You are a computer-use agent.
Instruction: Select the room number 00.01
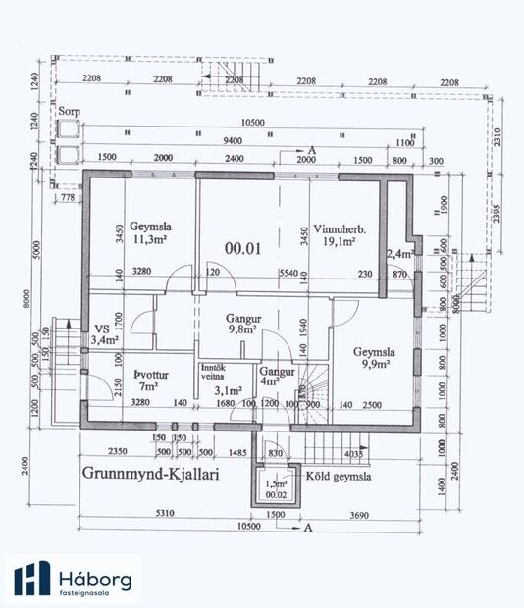(240, 248)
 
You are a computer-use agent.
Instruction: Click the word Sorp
(69, 112)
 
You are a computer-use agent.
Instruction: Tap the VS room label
(102, 329)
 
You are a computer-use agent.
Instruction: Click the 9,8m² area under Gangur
(241, 330)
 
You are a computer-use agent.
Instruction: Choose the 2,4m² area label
(398, 254)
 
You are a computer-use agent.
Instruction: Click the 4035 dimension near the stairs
(354, 453)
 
